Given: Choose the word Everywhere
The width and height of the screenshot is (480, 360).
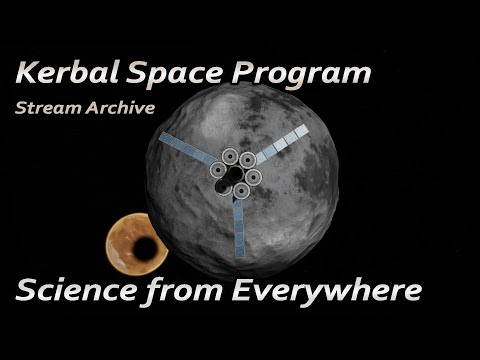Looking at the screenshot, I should [324, 292].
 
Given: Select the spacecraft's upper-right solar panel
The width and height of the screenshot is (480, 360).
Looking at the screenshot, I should [284, 144].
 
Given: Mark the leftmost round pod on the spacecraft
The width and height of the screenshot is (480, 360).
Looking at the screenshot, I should [215, 170].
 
